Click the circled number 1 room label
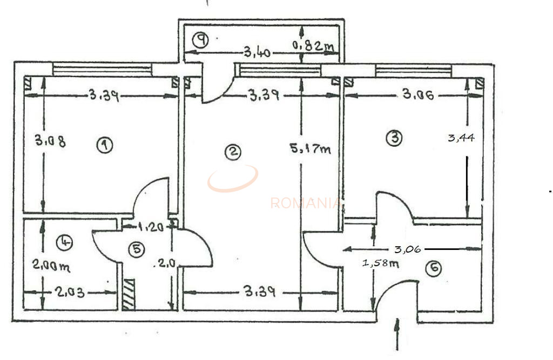(104, 145)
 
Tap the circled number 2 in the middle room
(232, 153)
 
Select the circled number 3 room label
(394, 138)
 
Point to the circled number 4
(65, 242)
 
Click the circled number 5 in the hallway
(137, 249)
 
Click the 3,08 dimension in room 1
(50, 141)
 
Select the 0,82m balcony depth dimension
(313, 46)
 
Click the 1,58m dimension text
(380, 263)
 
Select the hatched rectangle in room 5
(129, 294)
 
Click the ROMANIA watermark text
(306, 203)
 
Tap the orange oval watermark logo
(233, 178)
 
